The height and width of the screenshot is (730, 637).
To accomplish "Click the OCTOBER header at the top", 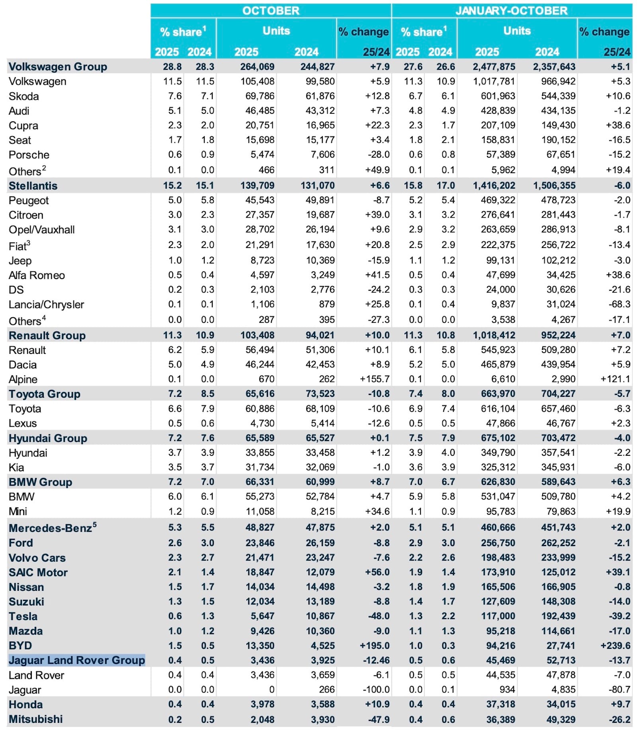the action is [271, 10].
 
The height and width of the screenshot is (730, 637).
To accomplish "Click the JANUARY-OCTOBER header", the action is [512, 10].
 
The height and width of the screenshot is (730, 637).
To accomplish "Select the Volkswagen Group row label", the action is [58, 66].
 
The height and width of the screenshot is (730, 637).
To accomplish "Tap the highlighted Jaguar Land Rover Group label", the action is [77, 660].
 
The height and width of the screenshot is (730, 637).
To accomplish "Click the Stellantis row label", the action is [33, 185].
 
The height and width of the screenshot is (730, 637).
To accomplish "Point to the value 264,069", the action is [257, 66].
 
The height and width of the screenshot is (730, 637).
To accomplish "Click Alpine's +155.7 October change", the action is [375, 379].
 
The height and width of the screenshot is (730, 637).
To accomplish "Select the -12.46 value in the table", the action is [376, 660].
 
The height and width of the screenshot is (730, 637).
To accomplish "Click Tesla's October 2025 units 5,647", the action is [262, 616].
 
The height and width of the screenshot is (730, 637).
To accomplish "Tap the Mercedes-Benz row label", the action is [53, 528].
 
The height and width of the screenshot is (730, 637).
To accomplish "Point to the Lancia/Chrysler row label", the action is [46, 304].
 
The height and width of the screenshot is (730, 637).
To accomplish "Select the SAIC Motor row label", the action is [38, 572].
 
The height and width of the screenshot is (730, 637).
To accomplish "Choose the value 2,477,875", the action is [494, 66].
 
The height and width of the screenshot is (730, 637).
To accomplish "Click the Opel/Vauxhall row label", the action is [41, 230].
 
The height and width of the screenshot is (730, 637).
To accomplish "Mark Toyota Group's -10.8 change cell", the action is [379, 394].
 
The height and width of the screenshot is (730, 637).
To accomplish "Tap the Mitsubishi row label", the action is [35, 719].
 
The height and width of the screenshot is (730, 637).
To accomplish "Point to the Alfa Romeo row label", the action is [37, 275].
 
